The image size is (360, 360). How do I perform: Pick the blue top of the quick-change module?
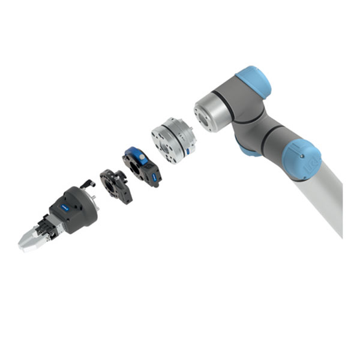136,154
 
